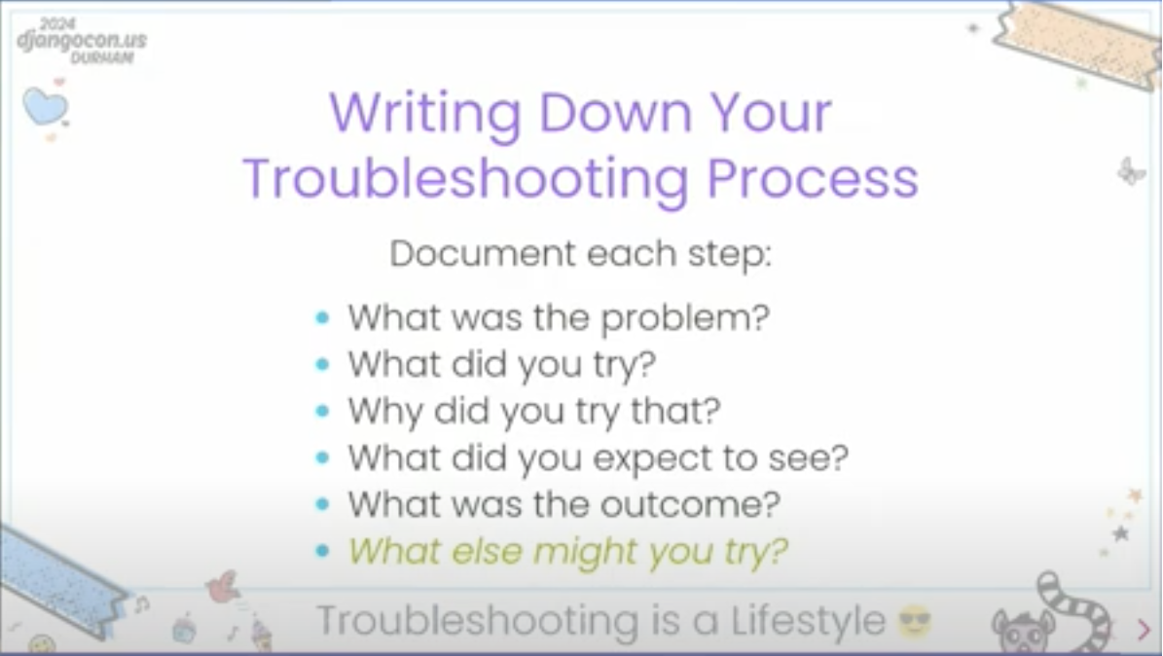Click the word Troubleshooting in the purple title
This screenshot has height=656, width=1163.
click(466, 179)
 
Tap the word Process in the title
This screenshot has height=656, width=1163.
click(813, 178)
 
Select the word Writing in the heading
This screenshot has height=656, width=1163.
click(425, 114)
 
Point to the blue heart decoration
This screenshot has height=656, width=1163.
click(45, 107)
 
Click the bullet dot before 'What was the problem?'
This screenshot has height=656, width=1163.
click(322, 317)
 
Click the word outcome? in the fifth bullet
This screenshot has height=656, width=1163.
click(690, 504)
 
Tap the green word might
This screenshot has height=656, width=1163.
click(585, 552)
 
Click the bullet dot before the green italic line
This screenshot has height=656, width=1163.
click(322, 551)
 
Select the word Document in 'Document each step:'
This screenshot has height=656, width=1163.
click(483, 254)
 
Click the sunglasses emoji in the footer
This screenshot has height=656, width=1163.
click(915, 621)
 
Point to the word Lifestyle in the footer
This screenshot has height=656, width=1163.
click(809, 621)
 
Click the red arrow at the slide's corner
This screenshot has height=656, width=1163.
click(1143, 630)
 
